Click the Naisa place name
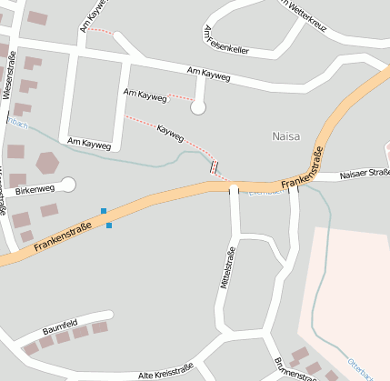(285, 135)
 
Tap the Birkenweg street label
(35, 188)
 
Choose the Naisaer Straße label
(364, 173)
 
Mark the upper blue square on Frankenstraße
(104, 211)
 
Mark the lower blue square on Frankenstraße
(109, 226)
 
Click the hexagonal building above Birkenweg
(46, 164)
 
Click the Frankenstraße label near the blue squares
(64, 236)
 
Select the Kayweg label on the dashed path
(170, 134)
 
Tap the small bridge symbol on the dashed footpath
(215, 166)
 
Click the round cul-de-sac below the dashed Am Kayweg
(197, 108)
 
